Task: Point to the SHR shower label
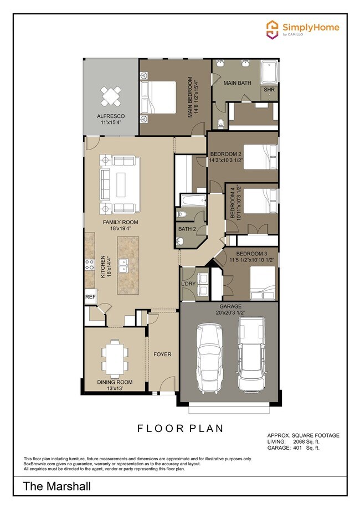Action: (x=269, y=89)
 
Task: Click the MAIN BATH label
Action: (x=237, y=83)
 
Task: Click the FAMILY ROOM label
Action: (x=120, y=223)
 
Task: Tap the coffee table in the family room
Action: (x=124, y=184)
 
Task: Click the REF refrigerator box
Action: (x=90, y=297)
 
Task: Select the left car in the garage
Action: (x=209, y=358)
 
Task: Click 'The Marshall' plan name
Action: (x=57, y=487)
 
